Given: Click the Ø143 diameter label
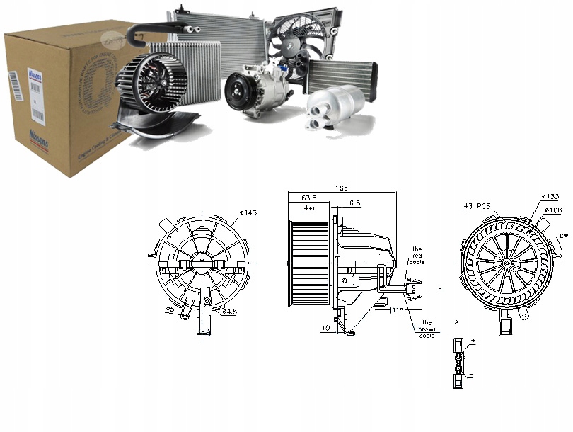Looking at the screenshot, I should (248, 212).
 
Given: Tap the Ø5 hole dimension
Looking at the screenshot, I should (170, 309).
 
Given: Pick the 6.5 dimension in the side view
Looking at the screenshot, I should (355, 203).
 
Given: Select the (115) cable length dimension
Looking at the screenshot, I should (396, 310).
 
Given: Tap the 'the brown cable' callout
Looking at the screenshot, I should (426, 329).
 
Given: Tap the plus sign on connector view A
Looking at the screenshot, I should (471, 342).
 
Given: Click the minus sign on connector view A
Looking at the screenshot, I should (471, 376).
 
